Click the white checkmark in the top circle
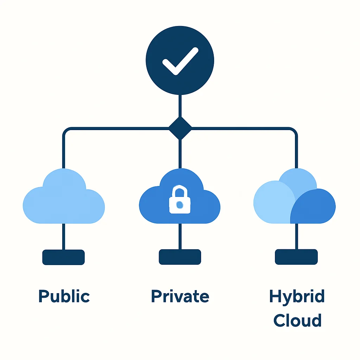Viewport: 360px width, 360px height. click(180, 61)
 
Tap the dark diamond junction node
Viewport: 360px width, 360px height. click(180, 128)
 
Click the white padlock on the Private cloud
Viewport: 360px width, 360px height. click(180, 199)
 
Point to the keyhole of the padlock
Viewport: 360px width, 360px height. click(180, 205)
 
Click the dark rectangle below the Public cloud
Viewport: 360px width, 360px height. click(64, 257)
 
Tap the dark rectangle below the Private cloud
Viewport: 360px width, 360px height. click(180, 257)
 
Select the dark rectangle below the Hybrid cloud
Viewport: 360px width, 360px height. click(296, 257)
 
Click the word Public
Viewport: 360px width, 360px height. click(64, 296)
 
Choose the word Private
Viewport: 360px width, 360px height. click(180, 296)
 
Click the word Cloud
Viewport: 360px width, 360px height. click(297, 320)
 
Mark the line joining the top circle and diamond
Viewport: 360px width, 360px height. click(180, 106)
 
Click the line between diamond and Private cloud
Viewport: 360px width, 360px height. click(180, 154)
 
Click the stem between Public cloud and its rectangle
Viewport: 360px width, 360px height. click(64, 237)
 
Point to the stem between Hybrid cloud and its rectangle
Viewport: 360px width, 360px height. click(296, 236)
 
